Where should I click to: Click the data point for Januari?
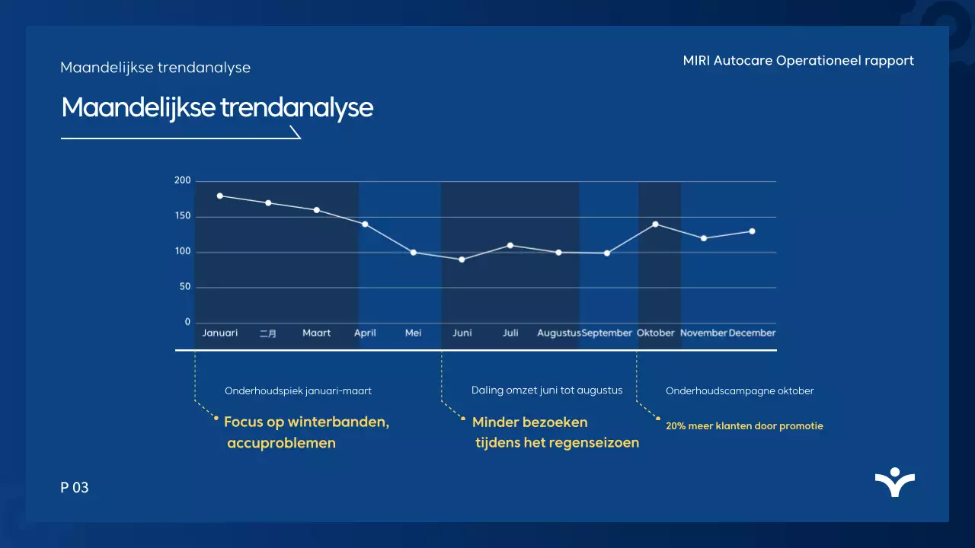point(220,196)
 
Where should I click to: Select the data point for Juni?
point(462,260)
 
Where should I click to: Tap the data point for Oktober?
point(655,224)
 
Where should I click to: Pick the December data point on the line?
point(752,231)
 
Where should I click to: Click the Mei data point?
point(414,252)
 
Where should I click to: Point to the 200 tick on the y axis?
point(182,180)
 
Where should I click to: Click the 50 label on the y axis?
point(184,287)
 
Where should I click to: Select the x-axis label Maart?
point(316,333)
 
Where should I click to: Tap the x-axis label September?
point(607,333)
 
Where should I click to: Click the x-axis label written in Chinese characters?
point(268,333)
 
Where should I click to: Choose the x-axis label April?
point(365,333)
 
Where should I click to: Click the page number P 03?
point(75,488)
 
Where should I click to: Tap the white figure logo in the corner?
point(895,483)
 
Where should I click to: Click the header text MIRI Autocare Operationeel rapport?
point(798,61)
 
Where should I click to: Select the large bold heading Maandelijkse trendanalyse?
point(217,108)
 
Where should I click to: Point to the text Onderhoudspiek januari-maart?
point(298,391)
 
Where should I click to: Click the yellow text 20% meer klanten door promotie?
point(744,426)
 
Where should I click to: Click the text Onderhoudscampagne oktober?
point(740,391)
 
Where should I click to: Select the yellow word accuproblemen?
point(281,443)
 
